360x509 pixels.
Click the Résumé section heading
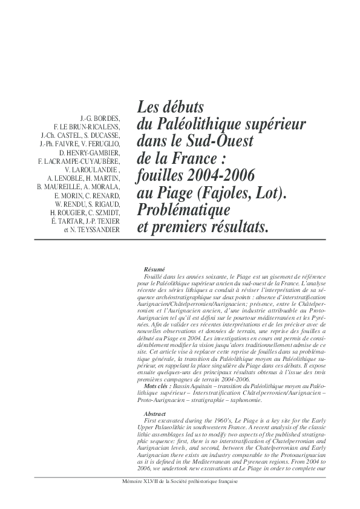click(x=155, y=270)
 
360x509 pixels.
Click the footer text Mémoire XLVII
click(x=143, y=482)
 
